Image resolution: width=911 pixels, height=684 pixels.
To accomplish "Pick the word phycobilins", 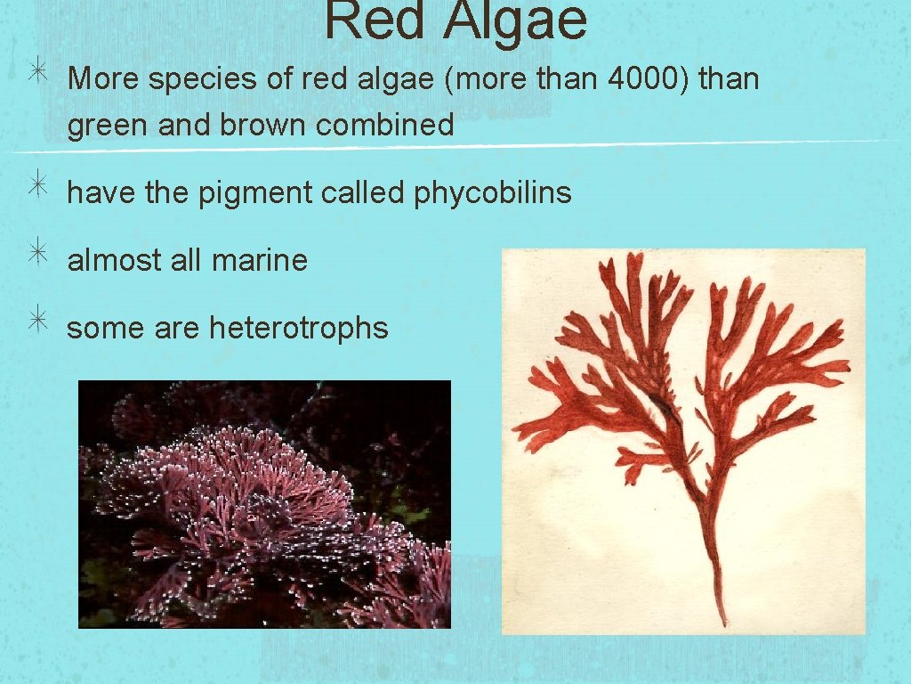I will (x=493, y=192).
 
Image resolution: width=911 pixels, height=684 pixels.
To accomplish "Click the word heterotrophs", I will (x=299, y=328).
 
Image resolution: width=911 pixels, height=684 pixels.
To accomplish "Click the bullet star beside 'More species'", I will (x=36, y=76).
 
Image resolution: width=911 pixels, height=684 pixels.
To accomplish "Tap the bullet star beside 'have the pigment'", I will (x=36, y=189).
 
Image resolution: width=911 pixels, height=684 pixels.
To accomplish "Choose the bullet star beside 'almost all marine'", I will (x=36, y=256).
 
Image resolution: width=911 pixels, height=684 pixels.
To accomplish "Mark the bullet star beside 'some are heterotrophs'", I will (x=36, y=324).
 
